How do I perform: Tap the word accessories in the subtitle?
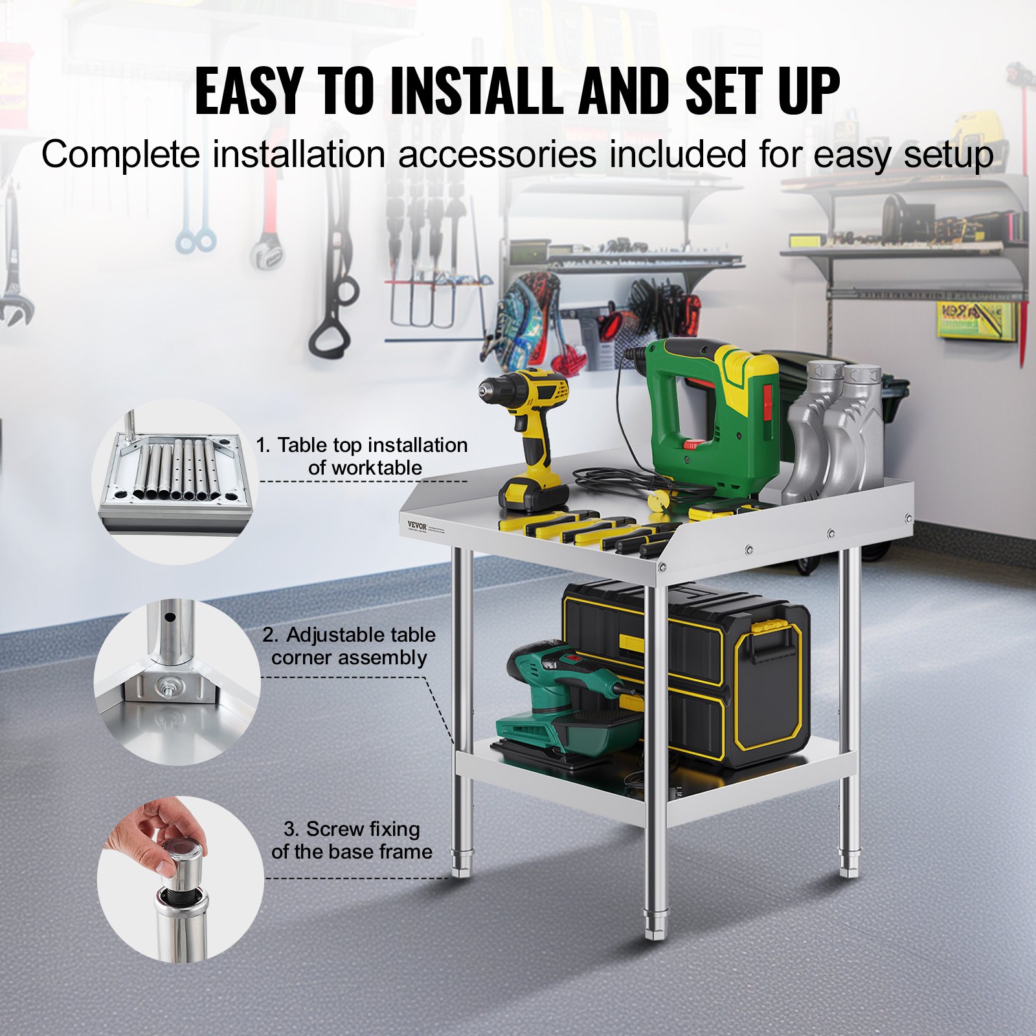pos(497,155)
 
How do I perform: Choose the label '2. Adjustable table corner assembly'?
pos(350,646)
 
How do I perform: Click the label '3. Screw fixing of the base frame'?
pos(352,840)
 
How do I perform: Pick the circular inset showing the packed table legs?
pos(175,480)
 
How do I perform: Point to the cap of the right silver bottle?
pos(861,375)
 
